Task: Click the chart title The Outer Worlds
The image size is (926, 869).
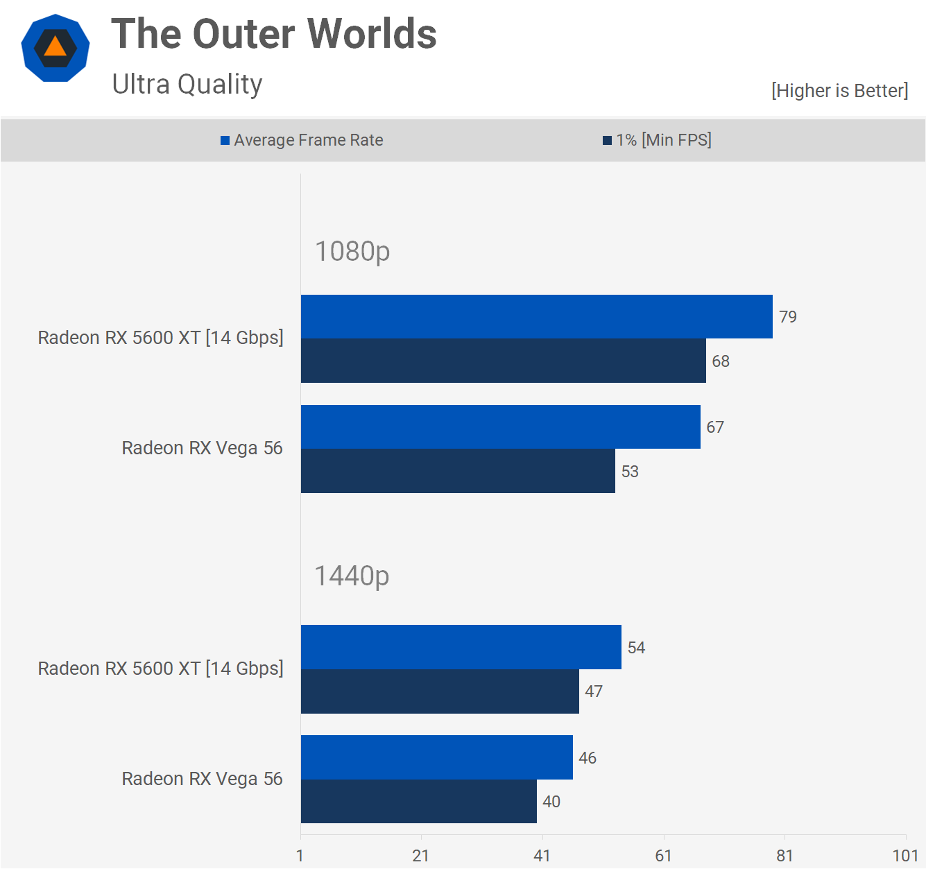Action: click(x=274, y=34)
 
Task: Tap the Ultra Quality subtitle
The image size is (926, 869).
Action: click(x=187, y=85)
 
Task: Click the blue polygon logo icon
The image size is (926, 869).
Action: click(x=55, y=48)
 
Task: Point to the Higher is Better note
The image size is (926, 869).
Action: click(x=839, y=91)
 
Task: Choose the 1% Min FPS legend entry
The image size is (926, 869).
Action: click(x=657, y=140)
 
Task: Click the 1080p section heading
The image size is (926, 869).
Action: click(x=352, y=251)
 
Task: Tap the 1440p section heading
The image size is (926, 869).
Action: click(x=352, y=576)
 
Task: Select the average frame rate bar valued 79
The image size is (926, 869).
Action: click(x=536, y=317)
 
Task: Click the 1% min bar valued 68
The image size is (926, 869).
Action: click(x=503, y=361)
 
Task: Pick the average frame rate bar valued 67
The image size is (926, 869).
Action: click(x=500, y=427)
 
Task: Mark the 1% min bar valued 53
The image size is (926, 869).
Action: click(x=458, y=471)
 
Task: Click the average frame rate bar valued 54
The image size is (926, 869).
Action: click(x=461, y=647)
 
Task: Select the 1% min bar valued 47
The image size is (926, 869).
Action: click(x=440, y=691)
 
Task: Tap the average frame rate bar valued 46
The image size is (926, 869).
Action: click(x=436, y=757)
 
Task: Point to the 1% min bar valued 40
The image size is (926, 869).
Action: click(x=418, y=802)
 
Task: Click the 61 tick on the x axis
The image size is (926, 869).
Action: click(x=663, y=856)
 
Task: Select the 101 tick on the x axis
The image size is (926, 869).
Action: click(x=905, y=856)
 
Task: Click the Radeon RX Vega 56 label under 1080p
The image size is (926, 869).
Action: click(x=202, y=448)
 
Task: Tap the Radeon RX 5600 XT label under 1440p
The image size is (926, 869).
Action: click(x=160, y=669)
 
